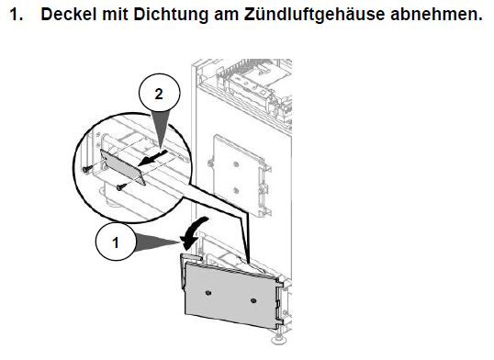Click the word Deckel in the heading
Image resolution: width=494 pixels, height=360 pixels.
pos(68,14)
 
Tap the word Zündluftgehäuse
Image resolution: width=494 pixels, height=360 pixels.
pos(314,15)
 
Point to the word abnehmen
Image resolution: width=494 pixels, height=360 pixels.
pos(436,15)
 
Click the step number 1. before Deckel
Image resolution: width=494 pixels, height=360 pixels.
pos(16,15)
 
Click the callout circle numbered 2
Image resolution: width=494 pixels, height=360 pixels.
pos(160,94)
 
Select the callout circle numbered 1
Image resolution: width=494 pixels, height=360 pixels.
pos(116,242)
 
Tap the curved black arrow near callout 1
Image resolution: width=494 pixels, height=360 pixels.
pos(193,232)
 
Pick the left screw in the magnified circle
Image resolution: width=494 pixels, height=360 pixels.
pos(86,169)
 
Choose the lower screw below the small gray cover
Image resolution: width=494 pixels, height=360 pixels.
pos(121,187)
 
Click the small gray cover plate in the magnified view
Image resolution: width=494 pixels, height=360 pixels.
pos(123,167)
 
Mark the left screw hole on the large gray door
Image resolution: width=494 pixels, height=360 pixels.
pos(208,293)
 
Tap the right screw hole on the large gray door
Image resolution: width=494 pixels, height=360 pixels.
pos(253,300)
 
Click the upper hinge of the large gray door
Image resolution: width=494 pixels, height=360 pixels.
pos(280,282)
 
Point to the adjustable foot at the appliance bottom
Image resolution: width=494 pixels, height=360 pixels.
pos(279,339)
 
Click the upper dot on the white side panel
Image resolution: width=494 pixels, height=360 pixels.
pos(236,164)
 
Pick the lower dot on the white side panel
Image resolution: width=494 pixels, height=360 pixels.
pos(236,190)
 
